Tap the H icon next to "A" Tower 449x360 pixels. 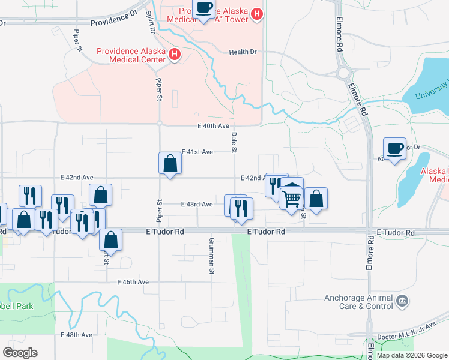tap(257, 14)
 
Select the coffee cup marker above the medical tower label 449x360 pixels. tap(204, 9)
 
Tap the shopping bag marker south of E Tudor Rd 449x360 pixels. tap(111, 241)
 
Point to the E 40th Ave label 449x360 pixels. tap(214, 126)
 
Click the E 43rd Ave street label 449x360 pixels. tap(197, 205)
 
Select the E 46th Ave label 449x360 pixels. tap(133, 282)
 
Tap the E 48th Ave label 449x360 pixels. tap(77, 335)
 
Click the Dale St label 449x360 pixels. tap(234, 142)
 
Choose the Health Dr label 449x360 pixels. tap(243, 52)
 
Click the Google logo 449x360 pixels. tap(20, 353)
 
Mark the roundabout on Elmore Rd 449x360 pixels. tap(344, 73)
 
